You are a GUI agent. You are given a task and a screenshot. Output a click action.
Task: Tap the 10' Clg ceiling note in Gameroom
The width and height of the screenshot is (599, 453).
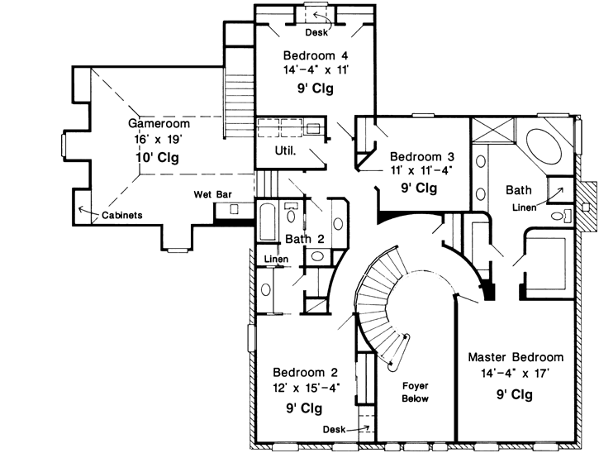coord(158,156)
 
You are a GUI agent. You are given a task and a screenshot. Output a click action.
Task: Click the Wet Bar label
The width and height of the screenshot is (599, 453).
coord(211,194)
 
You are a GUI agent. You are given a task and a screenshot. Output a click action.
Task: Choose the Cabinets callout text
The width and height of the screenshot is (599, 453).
coord(122,215)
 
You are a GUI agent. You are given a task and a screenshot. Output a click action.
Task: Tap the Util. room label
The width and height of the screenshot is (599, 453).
coord(286,151)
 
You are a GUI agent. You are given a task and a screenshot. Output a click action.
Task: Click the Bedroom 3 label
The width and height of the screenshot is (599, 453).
coord(419,156)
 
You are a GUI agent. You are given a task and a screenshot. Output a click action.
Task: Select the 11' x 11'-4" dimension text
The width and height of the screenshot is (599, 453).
coord(419,171)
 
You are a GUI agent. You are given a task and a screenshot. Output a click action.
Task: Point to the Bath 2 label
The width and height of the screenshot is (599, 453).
coord(305,239)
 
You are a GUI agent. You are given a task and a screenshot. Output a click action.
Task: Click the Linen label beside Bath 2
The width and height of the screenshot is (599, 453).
coord(275,260)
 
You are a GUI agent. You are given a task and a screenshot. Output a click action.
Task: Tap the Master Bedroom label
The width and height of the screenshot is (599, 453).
coord(516,357)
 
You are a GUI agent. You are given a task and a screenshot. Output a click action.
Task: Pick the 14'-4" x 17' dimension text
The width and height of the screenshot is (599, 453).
coord(516,373)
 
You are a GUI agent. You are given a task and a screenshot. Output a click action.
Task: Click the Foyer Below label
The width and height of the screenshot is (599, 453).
coord(415,392)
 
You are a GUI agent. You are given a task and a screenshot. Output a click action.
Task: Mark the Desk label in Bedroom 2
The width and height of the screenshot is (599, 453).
coord(334,429)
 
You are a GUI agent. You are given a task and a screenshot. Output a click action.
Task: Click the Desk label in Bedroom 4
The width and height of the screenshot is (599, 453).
coord(315,33)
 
